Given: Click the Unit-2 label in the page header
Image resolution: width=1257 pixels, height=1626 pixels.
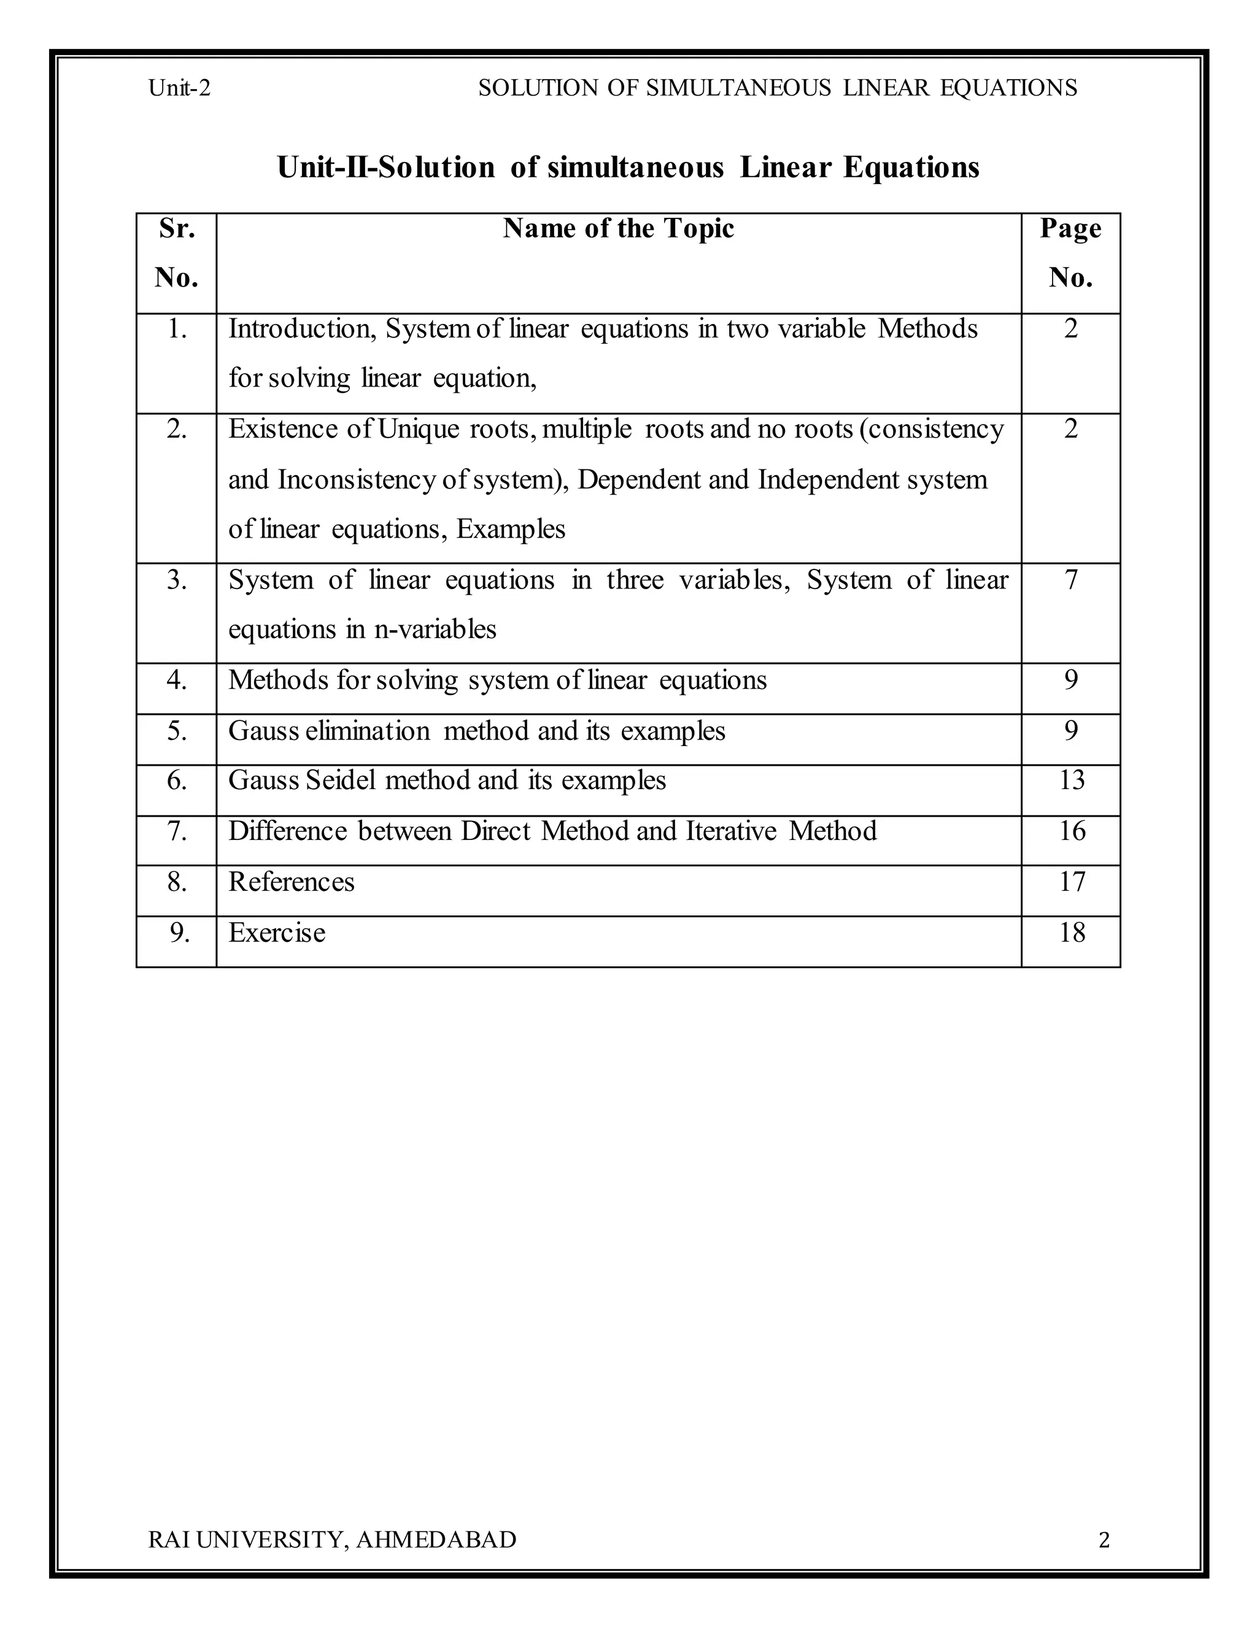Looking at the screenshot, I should coord(179,88).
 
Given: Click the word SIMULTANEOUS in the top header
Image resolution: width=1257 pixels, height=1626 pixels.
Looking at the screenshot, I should coord(738,88).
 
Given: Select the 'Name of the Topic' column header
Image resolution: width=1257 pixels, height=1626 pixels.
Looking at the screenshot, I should coord(618,229).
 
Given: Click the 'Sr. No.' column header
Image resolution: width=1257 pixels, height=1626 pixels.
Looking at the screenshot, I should coord(177,253).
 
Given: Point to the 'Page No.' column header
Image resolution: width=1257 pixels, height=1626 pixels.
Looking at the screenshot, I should coord(1070,253).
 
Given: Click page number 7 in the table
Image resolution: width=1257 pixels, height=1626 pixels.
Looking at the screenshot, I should coord(1071,579).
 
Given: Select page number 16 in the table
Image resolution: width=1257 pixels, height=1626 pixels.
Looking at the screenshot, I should coord(1072,830).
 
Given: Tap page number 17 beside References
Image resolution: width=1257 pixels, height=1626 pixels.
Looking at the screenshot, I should coord(1072,882).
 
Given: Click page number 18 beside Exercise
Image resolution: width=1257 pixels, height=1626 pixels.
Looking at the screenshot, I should coord(1072,932).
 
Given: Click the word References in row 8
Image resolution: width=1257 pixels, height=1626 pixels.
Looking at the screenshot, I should coord(291,882).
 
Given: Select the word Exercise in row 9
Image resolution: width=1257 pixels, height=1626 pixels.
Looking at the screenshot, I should coord(276,932).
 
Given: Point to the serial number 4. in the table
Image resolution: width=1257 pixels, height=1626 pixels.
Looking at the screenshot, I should coord(177,680).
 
